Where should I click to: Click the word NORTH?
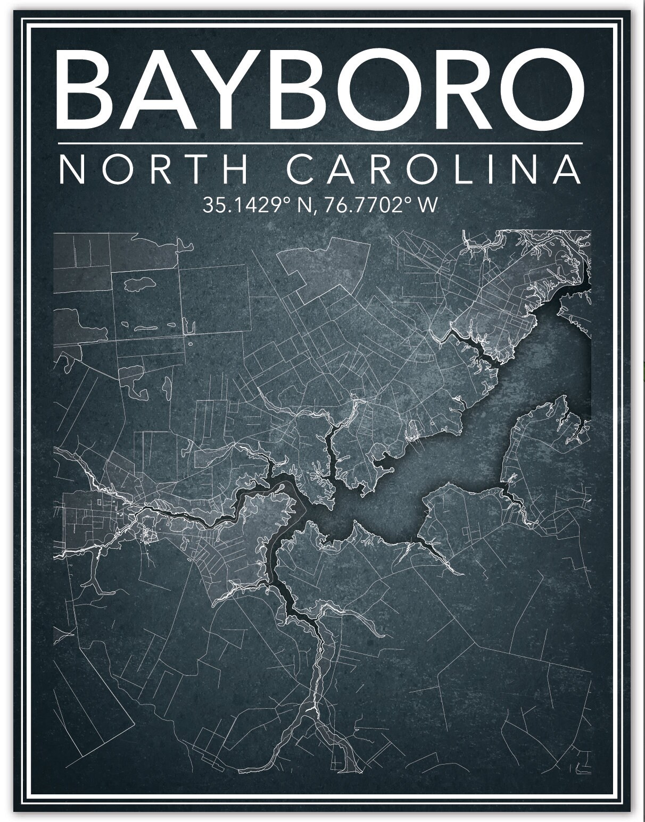pyautogui.click(x=154, y=169)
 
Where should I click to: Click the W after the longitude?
pyautogui.click(x=428, y=205)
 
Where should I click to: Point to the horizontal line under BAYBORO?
pyautogui.click(x=319, y=143)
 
